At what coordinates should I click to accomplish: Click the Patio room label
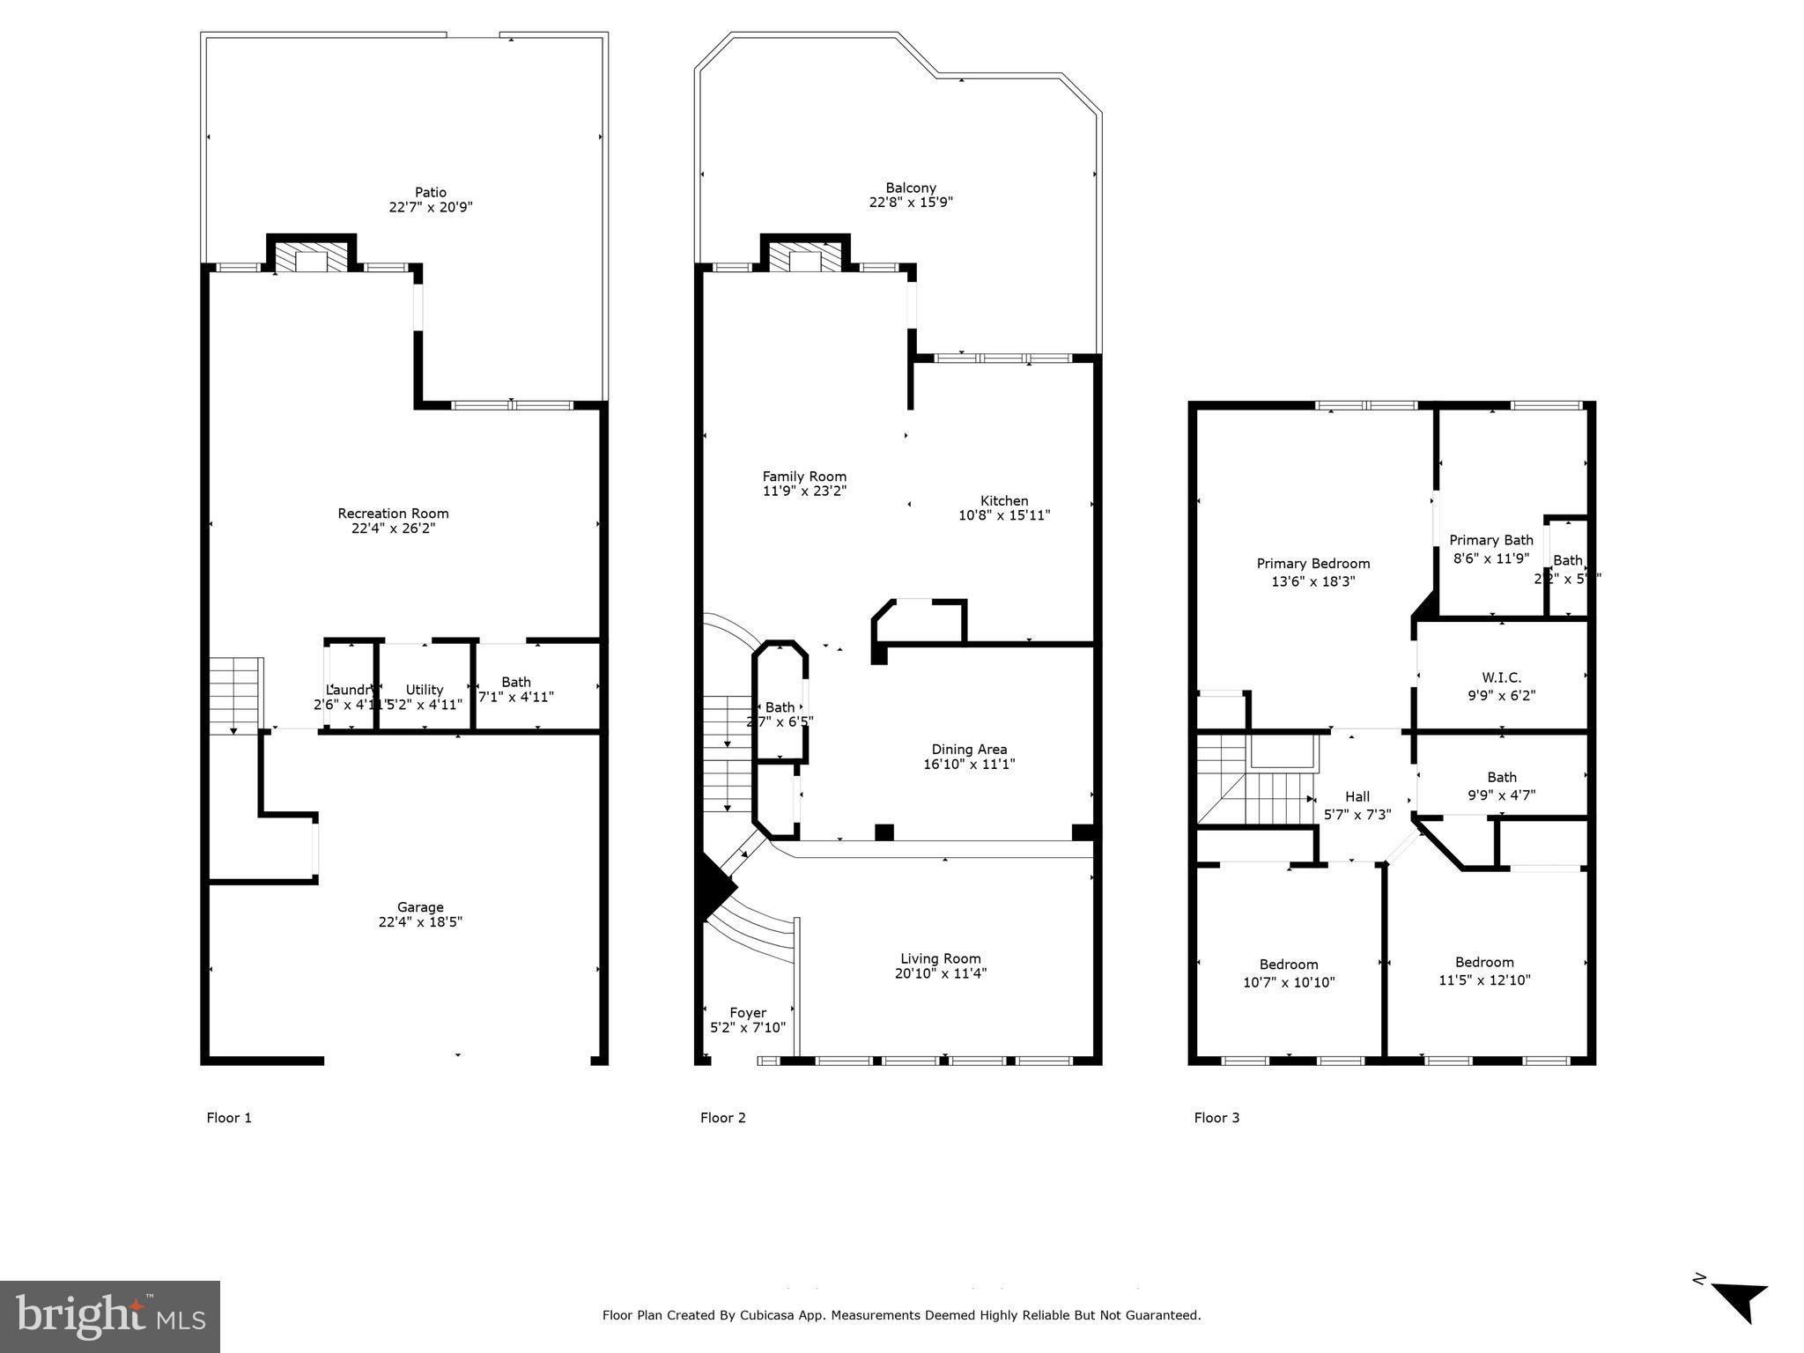(x=430, y=192)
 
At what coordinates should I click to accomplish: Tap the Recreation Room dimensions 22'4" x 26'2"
(x=393, y=529)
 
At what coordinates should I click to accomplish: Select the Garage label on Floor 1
(x=420, y=907)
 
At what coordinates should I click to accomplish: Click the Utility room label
(x=425, y=690)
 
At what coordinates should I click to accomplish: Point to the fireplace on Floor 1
(x=311, y=258)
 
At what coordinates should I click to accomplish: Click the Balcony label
(x=911, y=188)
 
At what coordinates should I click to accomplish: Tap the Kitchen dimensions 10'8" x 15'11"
(x=1004, y=515)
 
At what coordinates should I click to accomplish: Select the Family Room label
(x=804, y=477)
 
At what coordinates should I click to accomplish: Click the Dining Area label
(x=969, y=750)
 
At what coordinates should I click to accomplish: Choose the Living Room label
(x=941, y=958)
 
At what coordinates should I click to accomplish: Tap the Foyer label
(x=748, y=1013)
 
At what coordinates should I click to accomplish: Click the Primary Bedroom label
(x=1313, y=564)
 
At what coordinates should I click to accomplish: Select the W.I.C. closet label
(x=1502, y=677)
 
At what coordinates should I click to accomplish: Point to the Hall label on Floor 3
(x=1357, y=797)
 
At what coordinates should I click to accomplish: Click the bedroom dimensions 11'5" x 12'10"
(x=1484, y=980)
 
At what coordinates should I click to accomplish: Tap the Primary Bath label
(x=1491, y=540)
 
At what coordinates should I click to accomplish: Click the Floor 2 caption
(x=723, y=1118)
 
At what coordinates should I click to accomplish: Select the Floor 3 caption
(x=1216, y=1118)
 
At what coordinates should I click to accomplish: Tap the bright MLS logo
(x=110, y=1316)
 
